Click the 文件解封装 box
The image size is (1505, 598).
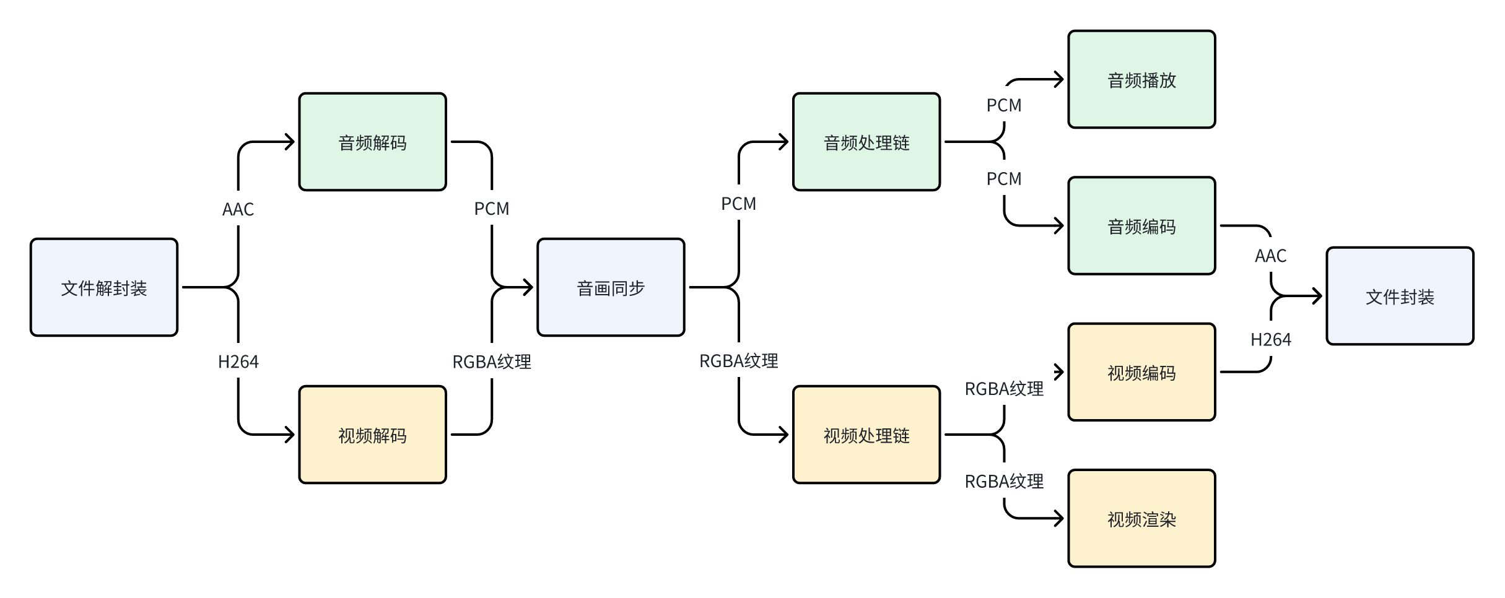pyautogui.click(x=104, y=288)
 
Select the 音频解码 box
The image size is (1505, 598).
pyautogui.click(x=372, y=142)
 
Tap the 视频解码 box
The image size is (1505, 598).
pyautogui.click(x=372, y=435)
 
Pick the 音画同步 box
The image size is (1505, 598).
pyautogui.click(x=611, y=288)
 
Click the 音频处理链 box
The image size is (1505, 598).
pyautogui.click(x=866, y=142)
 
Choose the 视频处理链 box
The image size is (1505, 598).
pyautogui.click(x=866, y=435)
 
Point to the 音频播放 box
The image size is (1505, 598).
pyautogui.click(x=1141, y=80)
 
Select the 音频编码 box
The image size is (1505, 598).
pyautogui.click(x=1141, y=227)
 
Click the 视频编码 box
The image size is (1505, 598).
pyautogui.click(x=1141, y=373)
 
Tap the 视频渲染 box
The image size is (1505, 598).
pyautogui.click(x=1141, y=519)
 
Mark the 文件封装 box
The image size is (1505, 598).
pyautogui.click(x=1400, y=297)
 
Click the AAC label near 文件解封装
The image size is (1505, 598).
pyautogui.click(x=238, y=209)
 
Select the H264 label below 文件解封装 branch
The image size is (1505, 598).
pyautogui.click(x=238, y=362)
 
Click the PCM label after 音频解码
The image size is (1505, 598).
pyautogui.click(x=492, y=209)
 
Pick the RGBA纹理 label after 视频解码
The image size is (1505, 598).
pyautogui.click(x=492, y=362)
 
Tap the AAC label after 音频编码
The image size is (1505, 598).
pyautogui.click(x=1270, y=256)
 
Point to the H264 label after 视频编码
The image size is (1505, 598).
pyautogui.click(x=1270, y=339)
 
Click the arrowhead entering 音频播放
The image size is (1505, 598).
pyautogui.click(x=1059, y=80)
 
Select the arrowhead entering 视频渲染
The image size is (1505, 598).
pyautogui.click(x=1059, y=519)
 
